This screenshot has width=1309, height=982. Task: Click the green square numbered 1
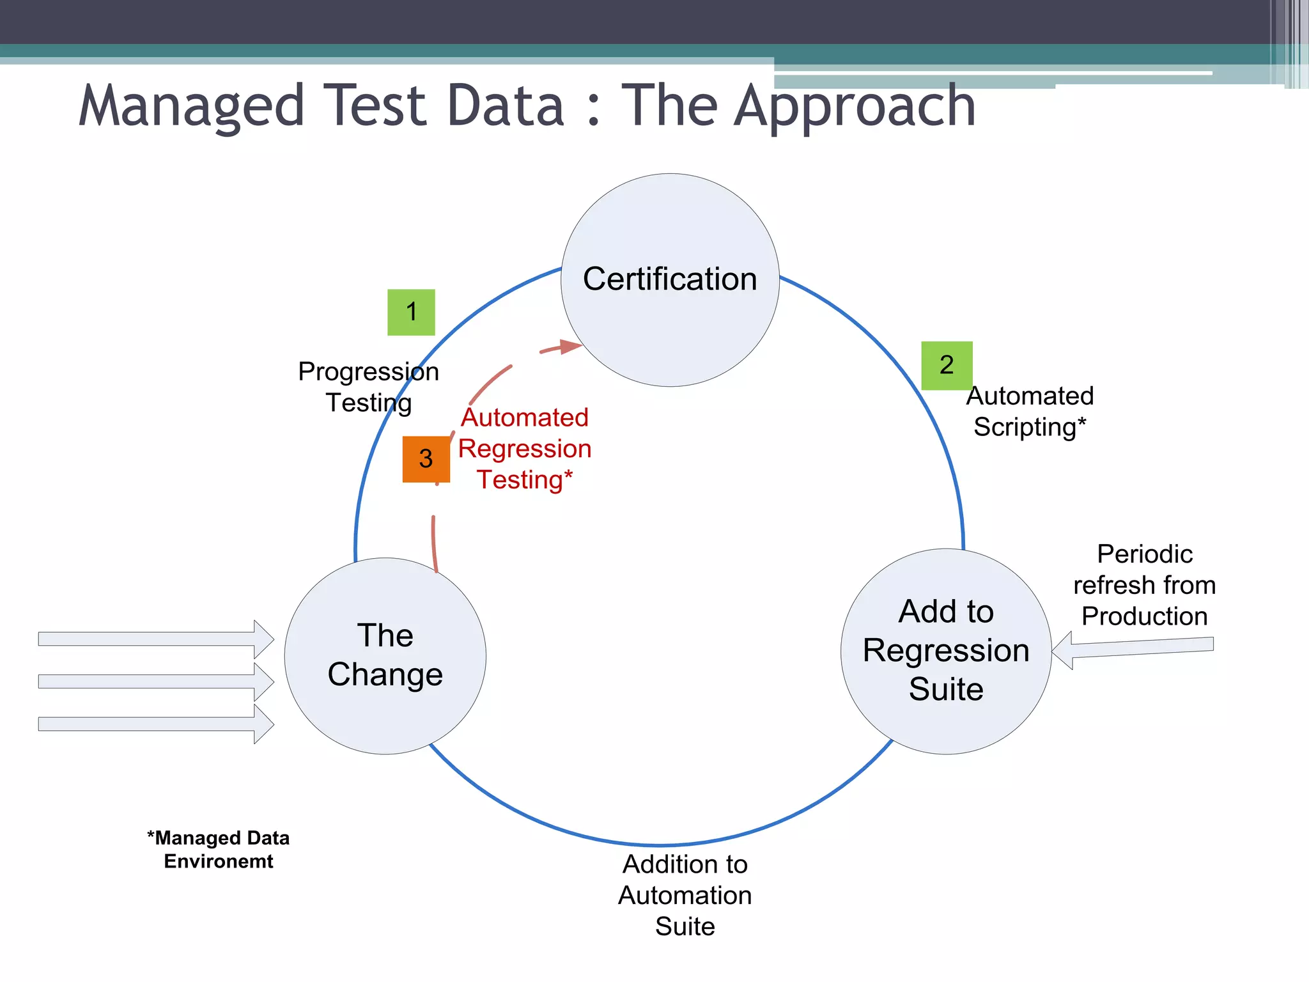pos(411,312)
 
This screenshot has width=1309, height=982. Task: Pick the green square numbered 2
pos(947,365)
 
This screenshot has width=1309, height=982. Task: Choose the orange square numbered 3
pos(426,458)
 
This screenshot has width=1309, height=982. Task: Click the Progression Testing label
pos(368,387)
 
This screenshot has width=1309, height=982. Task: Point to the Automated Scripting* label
pos(1029,411)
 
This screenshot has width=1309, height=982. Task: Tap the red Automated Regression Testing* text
pos(525,449)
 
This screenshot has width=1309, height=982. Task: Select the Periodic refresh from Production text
pos(1144,584)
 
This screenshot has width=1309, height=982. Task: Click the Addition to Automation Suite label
pos(685,894)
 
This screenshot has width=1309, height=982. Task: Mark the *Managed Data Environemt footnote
pos(218,849)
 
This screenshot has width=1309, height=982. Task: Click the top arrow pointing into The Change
pos(153,639)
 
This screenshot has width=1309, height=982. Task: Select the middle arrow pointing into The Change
pos(153,682)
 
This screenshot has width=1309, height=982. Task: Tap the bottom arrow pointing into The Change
pos(153,724)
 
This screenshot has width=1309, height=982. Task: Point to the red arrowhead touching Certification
pos(571,347)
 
